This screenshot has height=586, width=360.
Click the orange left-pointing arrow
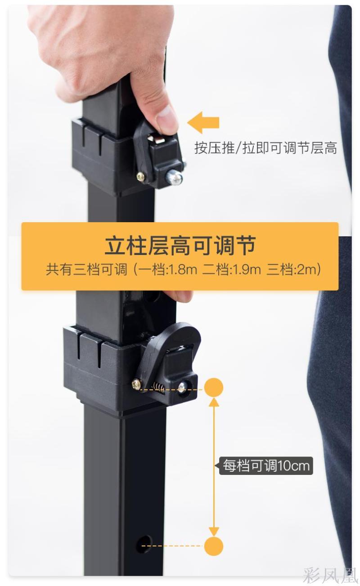click(x=203, y=122)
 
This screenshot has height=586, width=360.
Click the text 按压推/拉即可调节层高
click(x=265, y=148)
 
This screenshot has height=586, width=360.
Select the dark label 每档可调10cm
click(x=266, y=465)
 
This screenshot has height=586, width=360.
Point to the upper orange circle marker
click(x=214, y=387)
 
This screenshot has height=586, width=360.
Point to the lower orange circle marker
click(x=214, y=546)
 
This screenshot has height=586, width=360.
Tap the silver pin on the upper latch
click(x=174, y=179)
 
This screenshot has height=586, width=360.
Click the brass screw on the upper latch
click(x=141, y=177)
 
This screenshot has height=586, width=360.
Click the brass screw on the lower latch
click(x=137, y=385)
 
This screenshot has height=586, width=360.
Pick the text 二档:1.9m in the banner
click(x=231, y=269)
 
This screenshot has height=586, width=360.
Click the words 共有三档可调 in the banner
click(x=87, y=269)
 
